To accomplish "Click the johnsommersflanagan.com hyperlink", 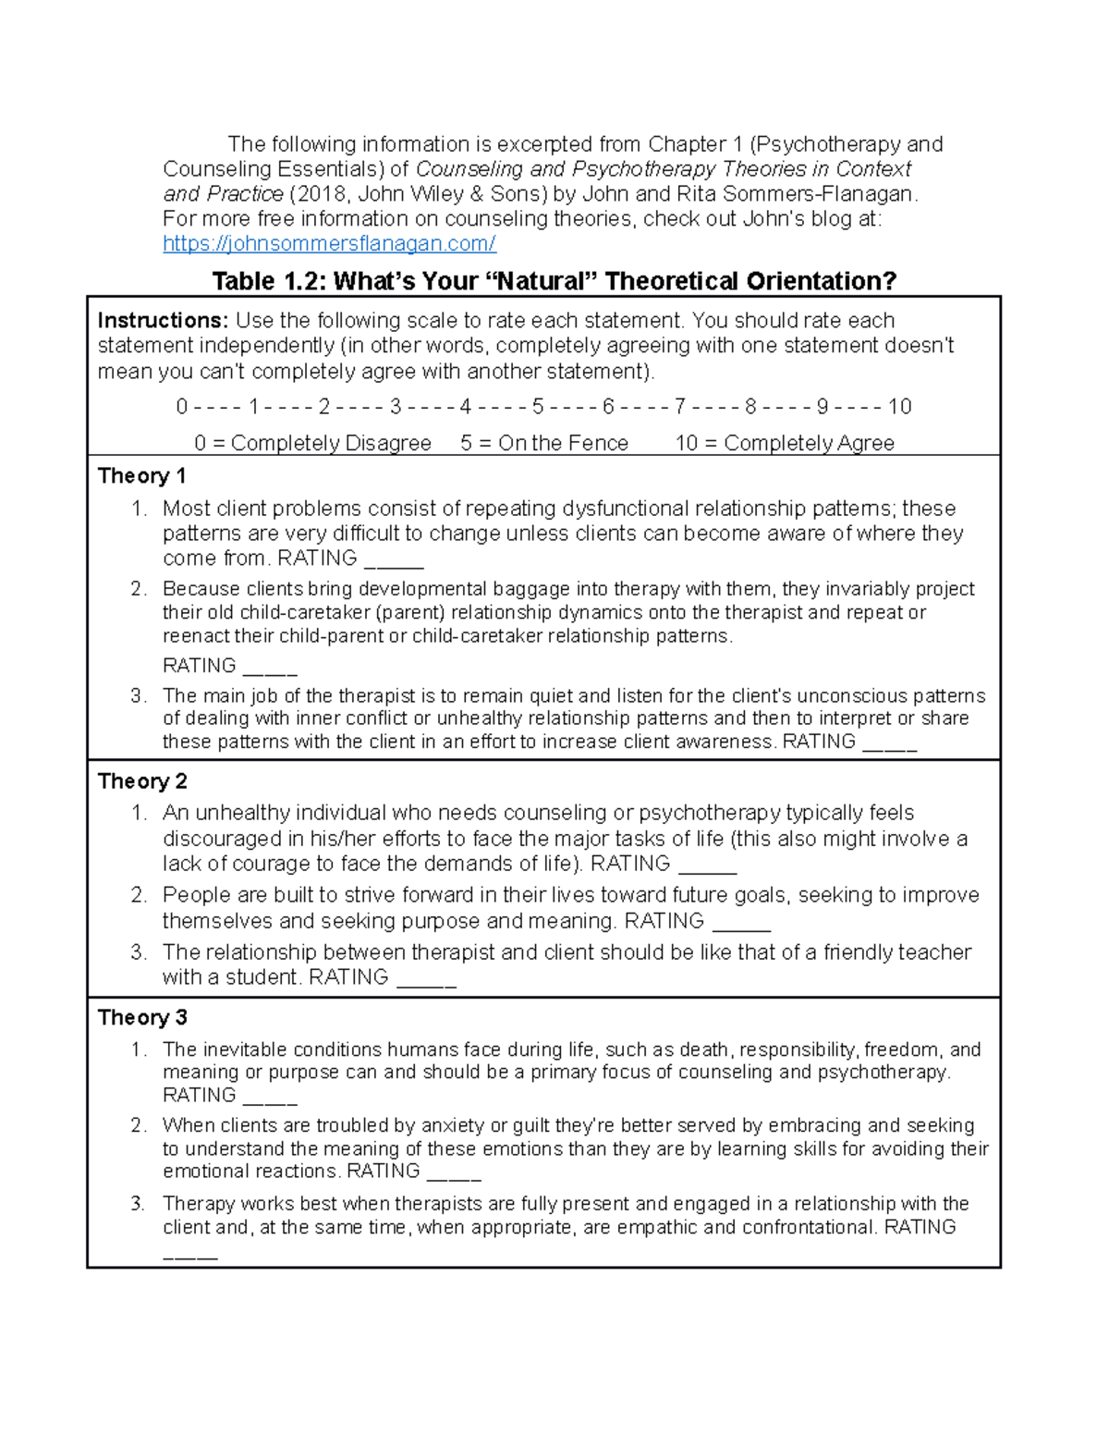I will [329, 244].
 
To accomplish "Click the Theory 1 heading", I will [141, 476].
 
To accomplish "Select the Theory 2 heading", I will [142, 781].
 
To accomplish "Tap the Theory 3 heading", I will [142, 1017].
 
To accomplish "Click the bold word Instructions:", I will [163, 321].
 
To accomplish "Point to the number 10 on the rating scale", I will [899, 407].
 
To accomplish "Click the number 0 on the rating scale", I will [181, 407].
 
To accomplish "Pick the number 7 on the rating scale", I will [679, 407].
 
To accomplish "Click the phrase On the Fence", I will [563, 444].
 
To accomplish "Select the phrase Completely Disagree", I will [331, 444].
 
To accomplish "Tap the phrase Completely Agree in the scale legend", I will [809, 444].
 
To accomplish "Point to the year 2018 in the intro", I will [319, 194].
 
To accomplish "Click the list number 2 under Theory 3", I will [138, 1125].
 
